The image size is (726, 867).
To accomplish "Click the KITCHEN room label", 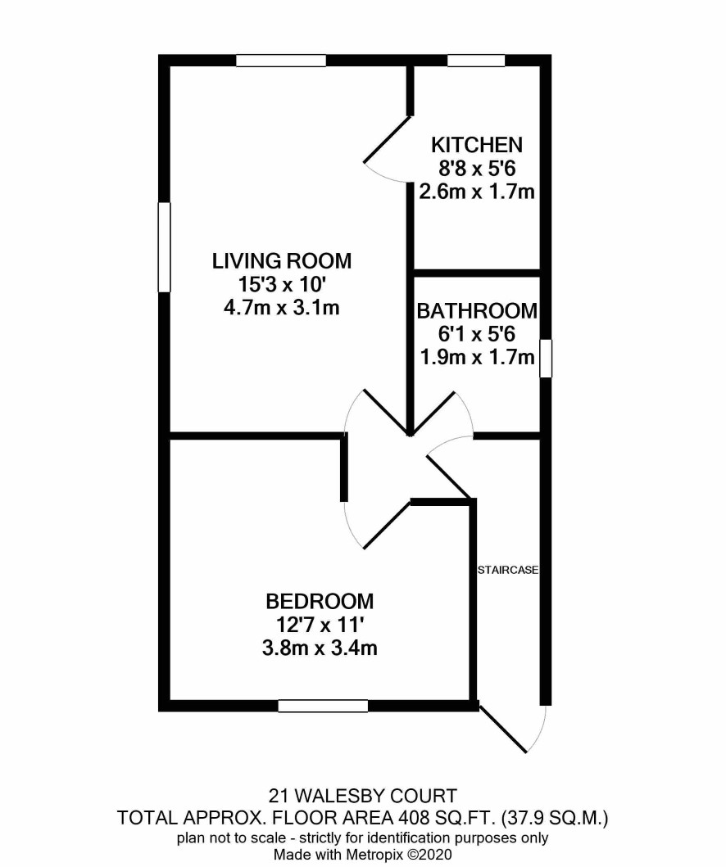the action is [476, 145].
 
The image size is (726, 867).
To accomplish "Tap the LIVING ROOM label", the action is [282, 260].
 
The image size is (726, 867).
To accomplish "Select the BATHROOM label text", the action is [477, 311].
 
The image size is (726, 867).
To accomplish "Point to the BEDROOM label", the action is [320, 601].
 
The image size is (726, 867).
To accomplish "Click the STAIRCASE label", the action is [508, 570].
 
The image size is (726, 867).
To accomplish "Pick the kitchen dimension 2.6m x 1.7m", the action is [477, 192].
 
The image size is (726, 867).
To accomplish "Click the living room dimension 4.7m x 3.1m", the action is [282, 308].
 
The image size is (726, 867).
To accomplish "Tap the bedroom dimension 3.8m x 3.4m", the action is [320, 648].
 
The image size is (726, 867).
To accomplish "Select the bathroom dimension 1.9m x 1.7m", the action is [477, 357].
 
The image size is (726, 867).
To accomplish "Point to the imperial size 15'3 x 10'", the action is [282, 284].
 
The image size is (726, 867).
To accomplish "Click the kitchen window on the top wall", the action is [476, 61].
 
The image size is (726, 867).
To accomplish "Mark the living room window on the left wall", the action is [164, 247].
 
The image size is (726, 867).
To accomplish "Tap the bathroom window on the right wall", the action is [546, 359].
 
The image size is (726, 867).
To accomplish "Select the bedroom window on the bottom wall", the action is [323, 706].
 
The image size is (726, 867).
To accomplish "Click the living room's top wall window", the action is [281, 61].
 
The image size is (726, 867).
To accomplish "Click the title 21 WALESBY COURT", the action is [362, 797].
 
